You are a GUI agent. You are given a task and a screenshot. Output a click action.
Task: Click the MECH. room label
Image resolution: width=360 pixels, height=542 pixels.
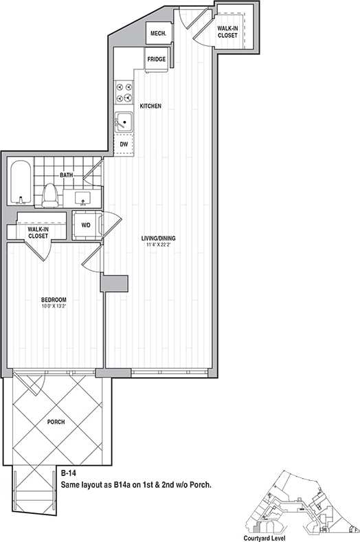pyautogui.click(x=156, y=33)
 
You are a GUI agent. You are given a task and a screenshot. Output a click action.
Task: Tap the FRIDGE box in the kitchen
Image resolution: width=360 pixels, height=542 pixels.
pyautogui.click(x=156, y=60)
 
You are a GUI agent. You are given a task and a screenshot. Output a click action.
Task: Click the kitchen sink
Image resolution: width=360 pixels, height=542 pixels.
pyautogui.click(x=124, y=123)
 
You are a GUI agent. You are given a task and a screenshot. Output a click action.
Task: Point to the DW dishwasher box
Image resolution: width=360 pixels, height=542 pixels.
pyautogui.click(x=124, y=144)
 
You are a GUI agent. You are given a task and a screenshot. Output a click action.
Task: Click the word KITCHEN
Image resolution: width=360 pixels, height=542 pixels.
pyautogui.click(x=150, y=106)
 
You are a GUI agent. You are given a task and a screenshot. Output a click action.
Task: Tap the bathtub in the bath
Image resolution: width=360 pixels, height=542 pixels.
pyautogui.click(x=21, y=183)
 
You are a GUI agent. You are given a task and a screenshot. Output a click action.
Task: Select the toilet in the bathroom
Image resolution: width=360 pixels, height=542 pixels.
pyautogui.click(x=49, y=196)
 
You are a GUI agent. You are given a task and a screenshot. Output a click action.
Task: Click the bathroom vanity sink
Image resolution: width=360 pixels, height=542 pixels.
pyautogui.click(x=83, y=199)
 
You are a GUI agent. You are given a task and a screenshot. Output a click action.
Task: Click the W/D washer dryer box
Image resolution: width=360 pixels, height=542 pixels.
pyautogui.click(x=86, y=225)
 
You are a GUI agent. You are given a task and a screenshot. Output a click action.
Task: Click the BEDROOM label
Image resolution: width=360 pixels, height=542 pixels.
pyautogui.click(x=53, y=300)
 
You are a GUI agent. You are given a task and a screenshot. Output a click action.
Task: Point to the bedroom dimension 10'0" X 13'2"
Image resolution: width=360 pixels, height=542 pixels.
pyautogui.click(x=53, y=307)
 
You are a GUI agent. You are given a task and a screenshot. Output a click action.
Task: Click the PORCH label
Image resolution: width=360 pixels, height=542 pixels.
pyautogui.click(x=56, y=422)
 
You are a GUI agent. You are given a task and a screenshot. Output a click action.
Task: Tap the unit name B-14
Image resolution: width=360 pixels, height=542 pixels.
pyautogui.click(x=68, y=473)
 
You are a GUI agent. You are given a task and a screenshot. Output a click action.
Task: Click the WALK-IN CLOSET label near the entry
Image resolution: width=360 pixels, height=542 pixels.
pyautogui.click(x=227, y=32)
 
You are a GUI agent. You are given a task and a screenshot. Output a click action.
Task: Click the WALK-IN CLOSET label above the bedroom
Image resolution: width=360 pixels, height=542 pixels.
pyautogui.click(x=38, y=232)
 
